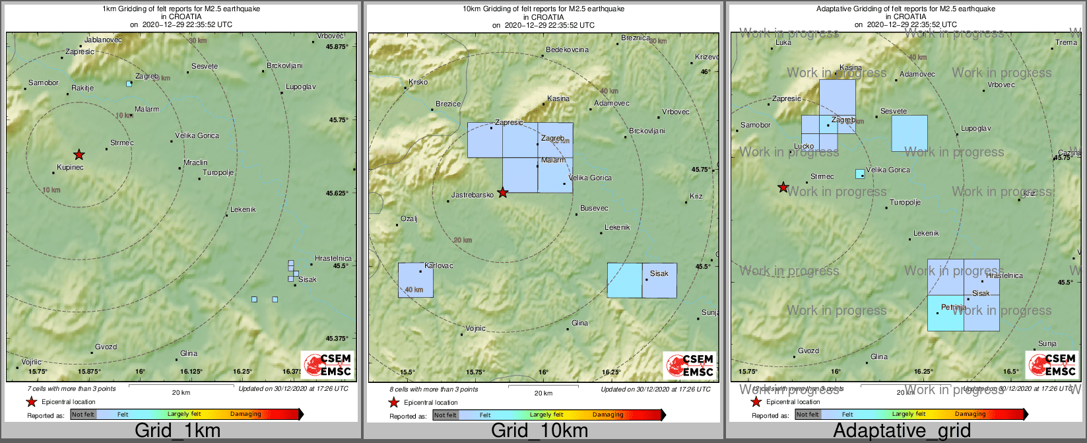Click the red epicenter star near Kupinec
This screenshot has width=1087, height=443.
click(79, 155)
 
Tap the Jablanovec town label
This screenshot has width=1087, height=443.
click(104, 40)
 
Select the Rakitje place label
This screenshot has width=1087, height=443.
click(82, 88)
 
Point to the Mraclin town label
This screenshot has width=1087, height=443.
click(195, 162)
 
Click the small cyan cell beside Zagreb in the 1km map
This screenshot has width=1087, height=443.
click(129, 84)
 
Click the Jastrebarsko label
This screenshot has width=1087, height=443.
click(473, 195)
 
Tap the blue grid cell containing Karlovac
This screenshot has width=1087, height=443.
click(416, 280)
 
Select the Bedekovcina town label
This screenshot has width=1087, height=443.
click(567, 50)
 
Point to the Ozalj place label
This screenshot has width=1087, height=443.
click(409, 219)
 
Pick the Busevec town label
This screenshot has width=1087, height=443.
click(594, 209)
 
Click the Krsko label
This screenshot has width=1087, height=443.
click(418, 83)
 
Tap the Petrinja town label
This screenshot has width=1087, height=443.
click(954, 308)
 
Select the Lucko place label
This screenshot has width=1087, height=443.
click(804, 147)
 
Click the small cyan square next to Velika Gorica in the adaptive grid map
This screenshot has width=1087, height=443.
click(860, 174)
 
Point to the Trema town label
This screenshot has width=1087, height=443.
click(1066, 42)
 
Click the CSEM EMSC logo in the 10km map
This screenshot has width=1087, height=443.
click(690, 365)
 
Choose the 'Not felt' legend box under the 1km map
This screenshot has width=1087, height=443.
click(83, 415)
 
